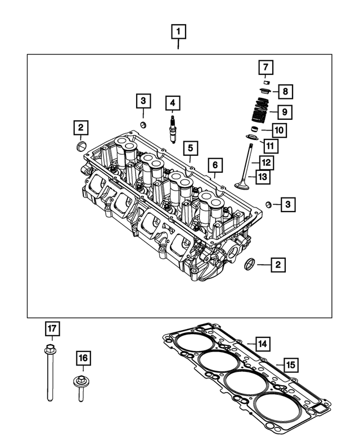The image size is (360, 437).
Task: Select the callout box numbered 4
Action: point(173,103)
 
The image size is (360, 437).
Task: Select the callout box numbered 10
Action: point(280,131)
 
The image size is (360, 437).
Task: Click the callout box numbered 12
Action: point(266,163)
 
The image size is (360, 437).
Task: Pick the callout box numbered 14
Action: point(262,343)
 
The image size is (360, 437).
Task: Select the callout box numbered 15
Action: point(290,365)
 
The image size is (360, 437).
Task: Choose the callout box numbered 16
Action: point(83,358)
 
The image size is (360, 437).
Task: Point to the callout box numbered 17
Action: point(52,328)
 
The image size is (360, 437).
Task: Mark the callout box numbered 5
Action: point(191,148)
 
